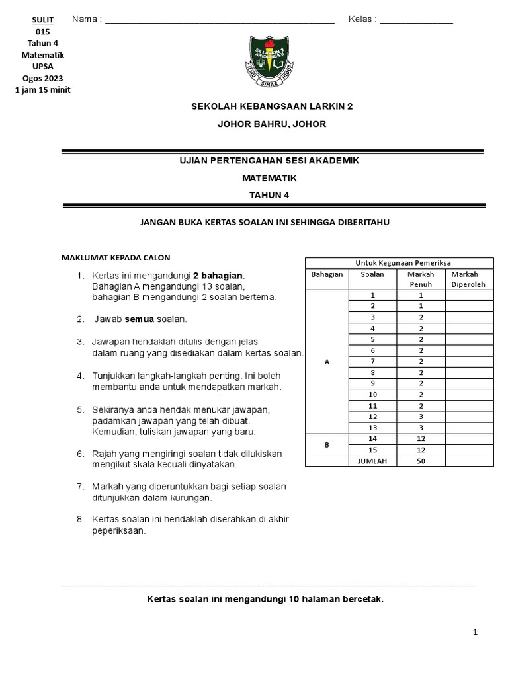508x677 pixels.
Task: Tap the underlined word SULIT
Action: click(43, 20)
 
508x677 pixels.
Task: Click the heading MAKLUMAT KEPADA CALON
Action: click(116, 257)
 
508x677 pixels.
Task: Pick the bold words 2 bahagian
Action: click(218, 275)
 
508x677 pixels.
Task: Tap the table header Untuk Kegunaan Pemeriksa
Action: click(399, 263)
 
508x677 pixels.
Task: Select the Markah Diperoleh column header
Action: click(469, 279)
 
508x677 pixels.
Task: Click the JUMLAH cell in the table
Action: click(372, 461)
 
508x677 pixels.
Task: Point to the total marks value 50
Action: click(420, 461)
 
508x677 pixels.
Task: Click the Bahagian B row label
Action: click(326, 445)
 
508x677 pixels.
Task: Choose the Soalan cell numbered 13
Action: click(372, 428)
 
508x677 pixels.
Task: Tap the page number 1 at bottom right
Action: click(475, 633)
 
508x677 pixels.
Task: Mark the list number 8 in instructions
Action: click(79, 519)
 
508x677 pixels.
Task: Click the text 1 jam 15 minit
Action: click(42, 90)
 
